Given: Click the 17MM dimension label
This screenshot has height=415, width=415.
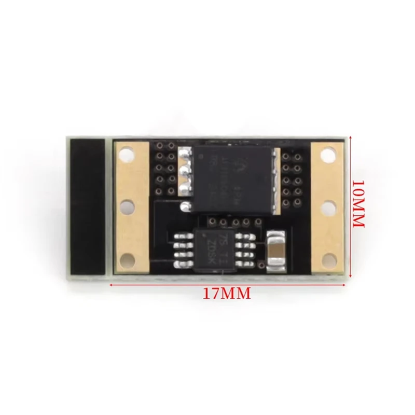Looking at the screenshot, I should tap(226, 294).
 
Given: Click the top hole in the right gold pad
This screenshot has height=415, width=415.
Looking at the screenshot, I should tap(326, 154).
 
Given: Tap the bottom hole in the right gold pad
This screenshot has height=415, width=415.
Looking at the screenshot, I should tap(326, 258).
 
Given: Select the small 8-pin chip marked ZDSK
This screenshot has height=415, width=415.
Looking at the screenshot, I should tap(213, 248).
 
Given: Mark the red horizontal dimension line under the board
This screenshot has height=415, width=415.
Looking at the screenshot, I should tap(226, 284).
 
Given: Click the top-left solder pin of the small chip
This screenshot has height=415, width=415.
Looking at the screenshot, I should tap(180, 237).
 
